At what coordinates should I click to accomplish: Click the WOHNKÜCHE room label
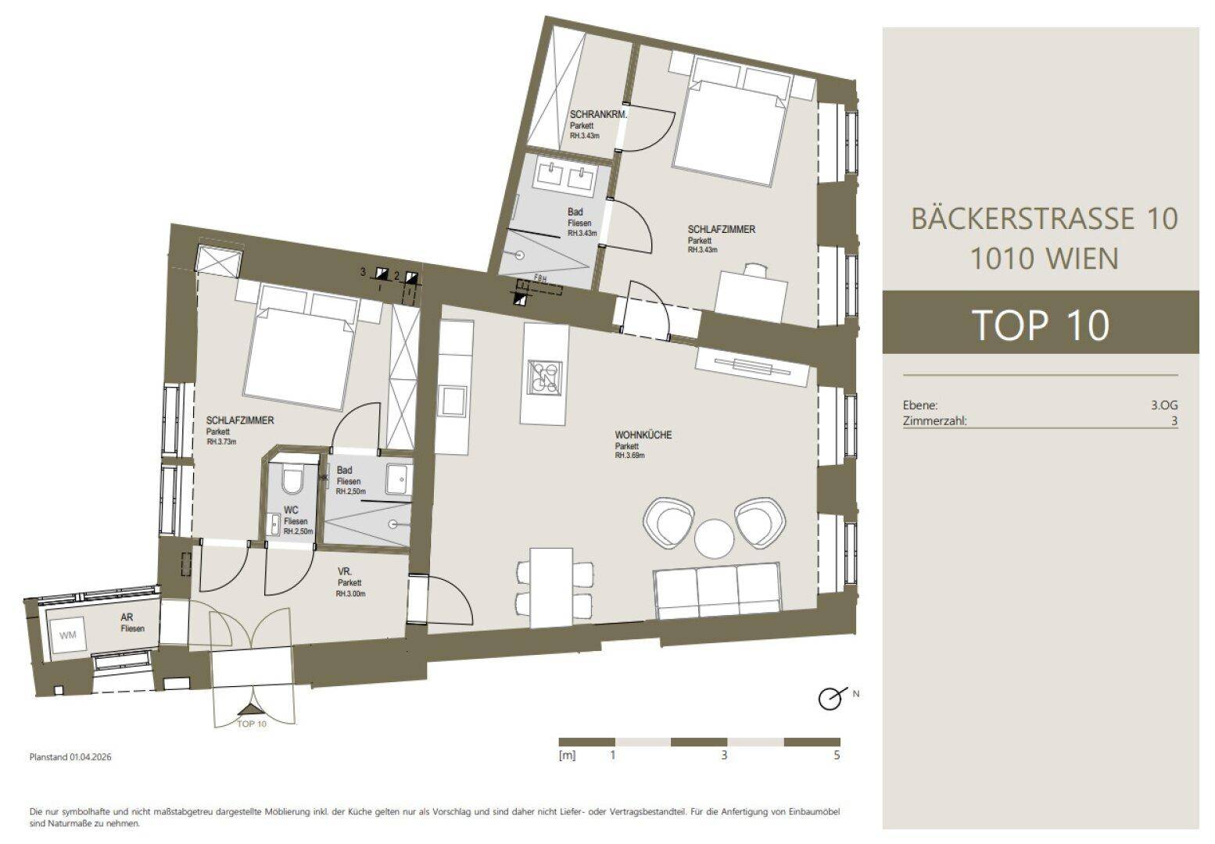[643, 435]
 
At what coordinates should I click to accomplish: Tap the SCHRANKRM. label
[598, 115]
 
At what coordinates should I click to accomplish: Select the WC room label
[291, 510]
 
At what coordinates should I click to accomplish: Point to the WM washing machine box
[67, 635]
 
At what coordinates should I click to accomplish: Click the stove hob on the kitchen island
[545, 376]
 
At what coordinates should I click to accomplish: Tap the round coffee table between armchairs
[715, 538]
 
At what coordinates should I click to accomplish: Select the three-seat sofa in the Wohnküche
[717, 592]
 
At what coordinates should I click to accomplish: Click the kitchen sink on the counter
[453, 402]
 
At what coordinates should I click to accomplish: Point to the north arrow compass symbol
[831, 698]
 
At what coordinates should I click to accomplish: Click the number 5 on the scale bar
[837, 755]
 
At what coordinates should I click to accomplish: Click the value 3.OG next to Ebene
[1164, 405]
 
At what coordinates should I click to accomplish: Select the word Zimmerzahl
[934, 420]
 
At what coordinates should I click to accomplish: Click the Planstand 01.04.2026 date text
[70, 757]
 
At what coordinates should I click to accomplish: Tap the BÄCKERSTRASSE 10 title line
[1044, 219]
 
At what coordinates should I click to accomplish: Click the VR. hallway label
[345, 572]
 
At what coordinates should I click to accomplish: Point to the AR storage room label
[127, 617]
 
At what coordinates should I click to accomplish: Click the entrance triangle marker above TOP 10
[250, 709]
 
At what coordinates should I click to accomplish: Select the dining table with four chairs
[552, 588]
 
